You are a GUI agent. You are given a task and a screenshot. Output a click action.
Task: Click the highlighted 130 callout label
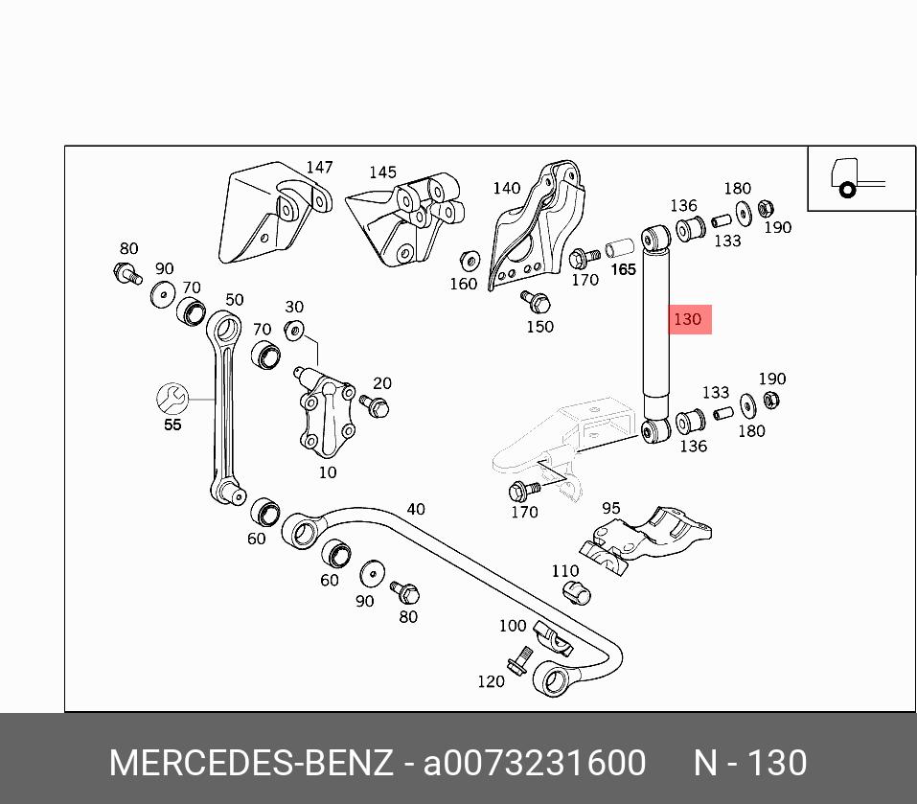coord(689,319)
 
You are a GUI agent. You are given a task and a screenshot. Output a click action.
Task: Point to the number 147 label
coord(319,168)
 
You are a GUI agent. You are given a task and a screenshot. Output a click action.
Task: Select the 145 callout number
coord(382,172)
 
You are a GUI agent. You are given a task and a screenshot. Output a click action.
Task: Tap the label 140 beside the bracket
coord(506,188)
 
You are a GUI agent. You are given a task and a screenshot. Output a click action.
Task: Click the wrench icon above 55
coord(173,397)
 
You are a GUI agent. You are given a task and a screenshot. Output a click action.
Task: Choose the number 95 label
coord(610,508)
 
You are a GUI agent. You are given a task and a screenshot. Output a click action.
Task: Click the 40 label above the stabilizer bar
coord(415,509)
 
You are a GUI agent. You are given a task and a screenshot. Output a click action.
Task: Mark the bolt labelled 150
coord(536,302)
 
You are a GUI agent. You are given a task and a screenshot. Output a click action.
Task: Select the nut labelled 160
coord(470,261)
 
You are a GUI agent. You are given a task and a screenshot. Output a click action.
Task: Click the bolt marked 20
coord(378,407)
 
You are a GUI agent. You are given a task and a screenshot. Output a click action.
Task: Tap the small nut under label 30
coord(295,330)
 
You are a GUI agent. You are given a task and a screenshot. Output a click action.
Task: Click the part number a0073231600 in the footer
coord(535,764)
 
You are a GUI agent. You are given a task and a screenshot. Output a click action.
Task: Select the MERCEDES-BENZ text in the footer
coord(251,764)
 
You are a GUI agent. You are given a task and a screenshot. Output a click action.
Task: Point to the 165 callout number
coord(624,269)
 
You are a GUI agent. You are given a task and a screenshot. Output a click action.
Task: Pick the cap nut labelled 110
coord(575,592)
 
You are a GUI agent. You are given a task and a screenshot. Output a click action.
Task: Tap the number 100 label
coord(513,626)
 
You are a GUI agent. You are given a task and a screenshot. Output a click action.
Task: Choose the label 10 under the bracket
coord(328,472)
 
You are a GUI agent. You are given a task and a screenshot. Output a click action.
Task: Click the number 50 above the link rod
coord(235,300)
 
